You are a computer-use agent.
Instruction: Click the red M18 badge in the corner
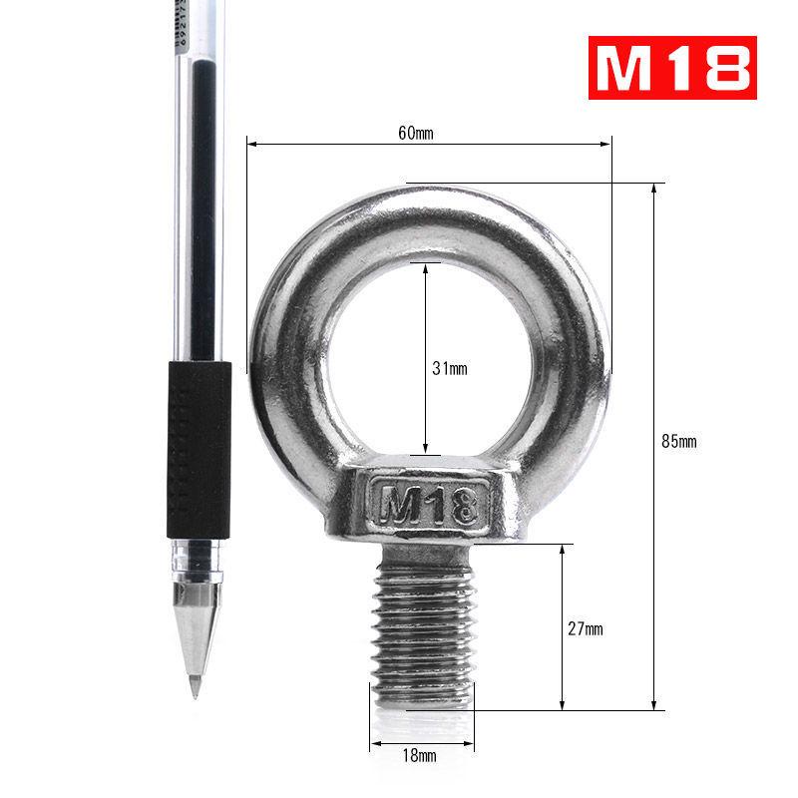pyautogui.click(x=670, y=68)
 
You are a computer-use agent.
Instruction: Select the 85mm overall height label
pyautogui.click(x=678, y=441)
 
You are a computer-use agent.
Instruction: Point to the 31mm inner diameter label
pyautogui.click(x=449, y=368)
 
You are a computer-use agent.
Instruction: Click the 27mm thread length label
pyautogui.click(x=587, y=628)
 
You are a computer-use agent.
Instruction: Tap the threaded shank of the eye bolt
pyautogui.click(x=423, y=628)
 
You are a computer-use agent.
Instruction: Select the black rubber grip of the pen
pyautogui.click(x=199, y=449)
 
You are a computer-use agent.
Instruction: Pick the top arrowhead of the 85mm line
pyautogui.click(x=654, y=189)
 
